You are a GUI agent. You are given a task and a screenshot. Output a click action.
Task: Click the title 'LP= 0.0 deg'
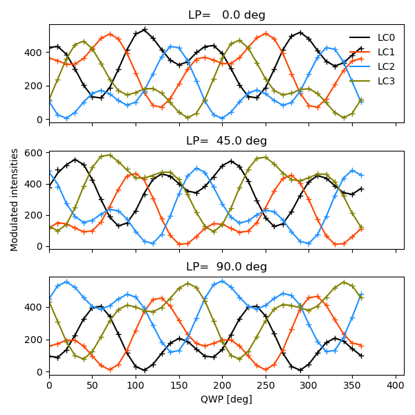[227, 15]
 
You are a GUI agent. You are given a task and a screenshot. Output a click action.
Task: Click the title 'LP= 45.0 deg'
[227, 140]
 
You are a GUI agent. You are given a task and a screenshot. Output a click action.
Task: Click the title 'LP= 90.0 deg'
[227, 266]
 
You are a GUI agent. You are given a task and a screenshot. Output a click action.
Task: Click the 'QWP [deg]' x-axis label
[227, 399]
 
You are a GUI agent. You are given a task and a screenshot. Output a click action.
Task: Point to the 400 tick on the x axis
[396, 385]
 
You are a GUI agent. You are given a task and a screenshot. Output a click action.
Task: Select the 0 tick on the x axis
[49, 385]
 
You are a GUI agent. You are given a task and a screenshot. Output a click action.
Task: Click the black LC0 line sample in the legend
[359, 37]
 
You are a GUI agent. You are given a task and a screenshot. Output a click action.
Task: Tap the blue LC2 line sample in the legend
[359, 66]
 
